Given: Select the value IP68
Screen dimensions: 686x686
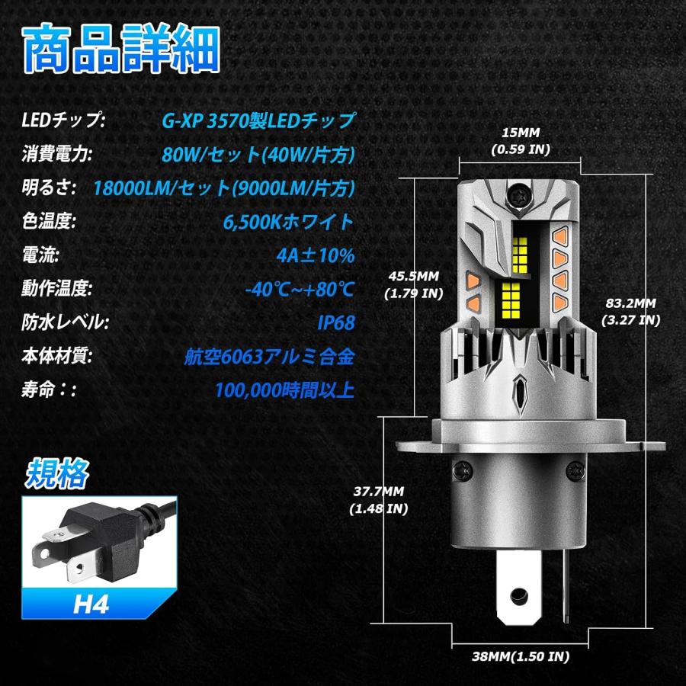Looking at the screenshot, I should point(336,322).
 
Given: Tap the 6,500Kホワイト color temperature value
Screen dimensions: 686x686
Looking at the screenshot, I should point(289,221).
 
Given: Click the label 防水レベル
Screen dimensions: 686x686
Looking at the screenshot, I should point(63,322).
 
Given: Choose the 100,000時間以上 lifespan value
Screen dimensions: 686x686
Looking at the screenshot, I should point(284,390).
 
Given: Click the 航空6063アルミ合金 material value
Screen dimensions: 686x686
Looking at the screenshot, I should point(270,356).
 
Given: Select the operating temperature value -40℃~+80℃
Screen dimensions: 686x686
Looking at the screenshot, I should point(300,289).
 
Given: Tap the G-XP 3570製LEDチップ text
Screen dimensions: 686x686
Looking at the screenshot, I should point(258,120).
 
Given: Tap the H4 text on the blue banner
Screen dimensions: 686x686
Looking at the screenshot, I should point(92,606).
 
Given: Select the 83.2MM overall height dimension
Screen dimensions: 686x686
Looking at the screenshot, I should point(630,310).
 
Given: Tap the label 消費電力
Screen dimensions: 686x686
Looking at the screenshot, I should point(57,154).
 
